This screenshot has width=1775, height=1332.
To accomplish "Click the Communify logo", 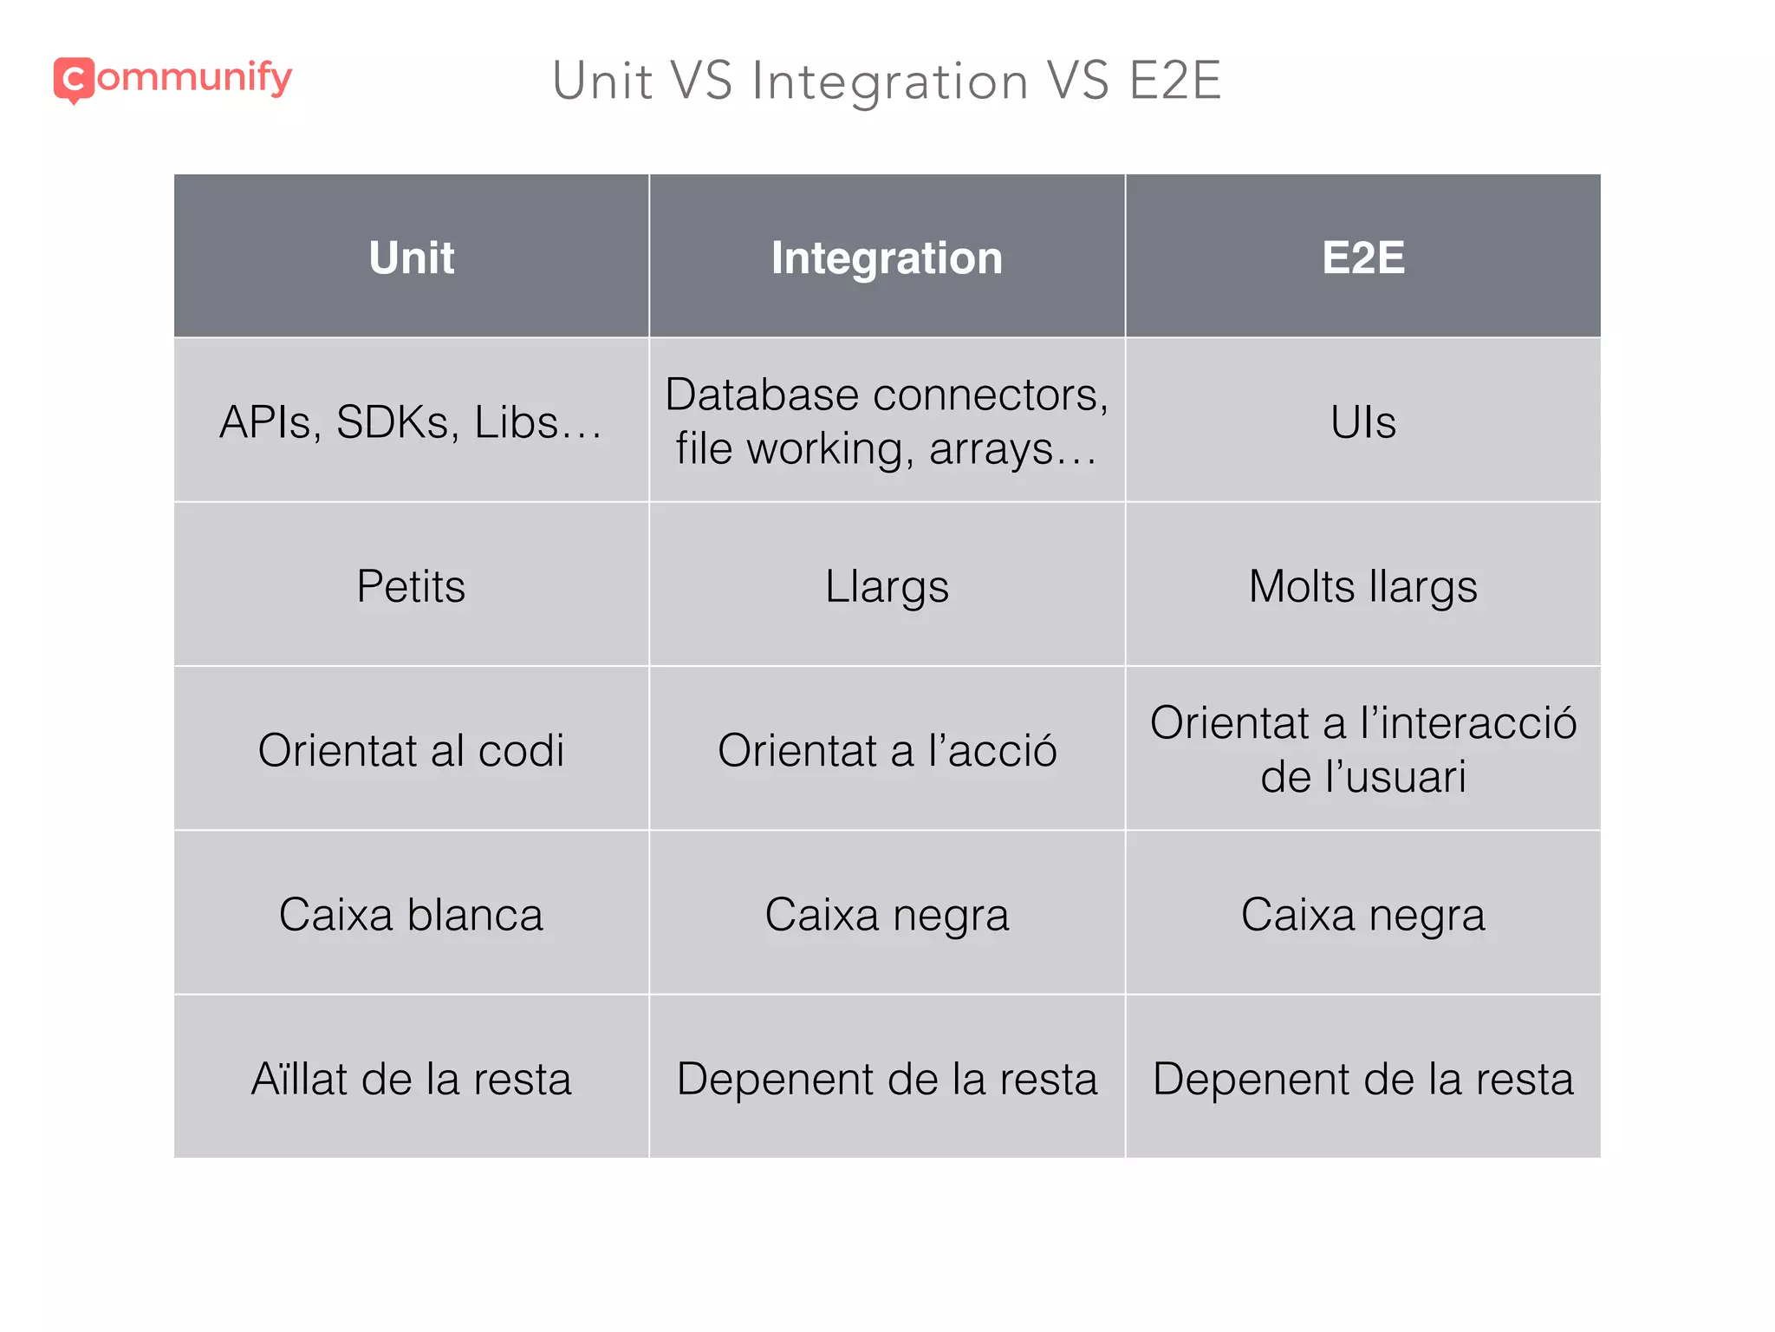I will (x=172, y=80).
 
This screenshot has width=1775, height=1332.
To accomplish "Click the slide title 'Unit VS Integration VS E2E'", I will (x=886, y=82).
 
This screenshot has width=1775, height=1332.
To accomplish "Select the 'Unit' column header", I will (x=412, y=258).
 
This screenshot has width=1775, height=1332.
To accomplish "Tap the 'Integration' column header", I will (x=887, y=258).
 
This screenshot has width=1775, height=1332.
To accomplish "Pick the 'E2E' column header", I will (x=1362, y=258).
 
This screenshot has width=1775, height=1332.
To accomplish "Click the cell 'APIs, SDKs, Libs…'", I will (x=412, y=422).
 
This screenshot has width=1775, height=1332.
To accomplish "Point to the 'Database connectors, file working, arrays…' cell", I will (x=887, y=421).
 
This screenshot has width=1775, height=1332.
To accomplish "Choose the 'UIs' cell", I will (x=1362, y=422).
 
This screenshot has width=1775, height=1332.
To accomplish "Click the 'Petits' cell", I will (x=412, y=586).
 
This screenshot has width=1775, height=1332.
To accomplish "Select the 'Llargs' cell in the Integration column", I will (x=887, y=586).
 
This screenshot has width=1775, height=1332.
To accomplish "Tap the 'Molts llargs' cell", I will (x=1362, y=586).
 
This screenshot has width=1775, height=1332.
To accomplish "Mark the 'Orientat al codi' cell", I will (x=412, y=750).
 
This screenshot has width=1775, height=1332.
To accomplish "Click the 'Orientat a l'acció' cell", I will (x=887, y=750).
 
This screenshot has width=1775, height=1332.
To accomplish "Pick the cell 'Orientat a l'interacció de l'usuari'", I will (x=1362, y=749).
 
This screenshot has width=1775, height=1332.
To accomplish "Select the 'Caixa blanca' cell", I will (x=412, y=915).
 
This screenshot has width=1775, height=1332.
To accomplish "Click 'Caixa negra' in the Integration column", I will (x=887, y=915).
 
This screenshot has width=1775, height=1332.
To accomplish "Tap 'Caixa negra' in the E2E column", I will (x=1362, y=915).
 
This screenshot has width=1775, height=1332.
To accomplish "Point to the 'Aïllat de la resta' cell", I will (x=412, y=1079).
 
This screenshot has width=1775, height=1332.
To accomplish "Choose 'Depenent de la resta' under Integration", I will (x=887, y=1079).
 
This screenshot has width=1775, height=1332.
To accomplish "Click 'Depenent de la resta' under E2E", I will (x=1362, y=1079).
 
